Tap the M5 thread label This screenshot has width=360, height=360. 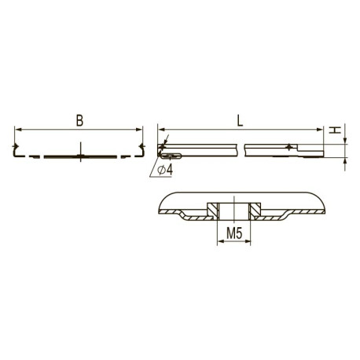(234, 233)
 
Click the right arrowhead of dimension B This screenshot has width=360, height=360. (139, 129)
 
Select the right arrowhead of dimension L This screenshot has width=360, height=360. (321, 129)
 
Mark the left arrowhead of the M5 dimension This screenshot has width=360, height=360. (218, 242)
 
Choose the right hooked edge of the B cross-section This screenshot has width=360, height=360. (142, 149)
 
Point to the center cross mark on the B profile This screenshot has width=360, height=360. (79, 156)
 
